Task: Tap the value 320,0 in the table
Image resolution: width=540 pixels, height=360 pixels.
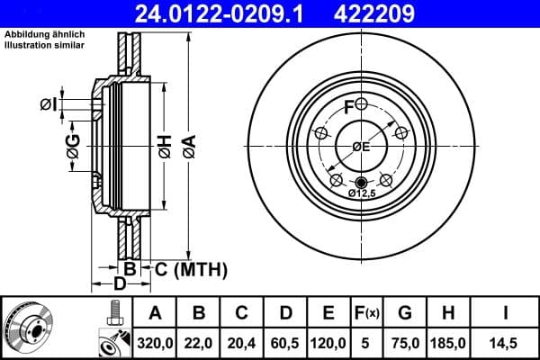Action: tap(155, 343)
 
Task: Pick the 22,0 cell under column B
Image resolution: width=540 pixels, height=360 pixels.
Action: tap(200, 343)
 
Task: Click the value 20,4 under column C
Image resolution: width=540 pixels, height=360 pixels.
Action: tap(241, 343)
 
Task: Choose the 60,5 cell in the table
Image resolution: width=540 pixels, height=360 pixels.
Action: tap(284, 343)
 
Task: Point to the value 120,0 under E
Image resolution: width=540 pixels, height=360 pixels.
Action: tap(328, 343)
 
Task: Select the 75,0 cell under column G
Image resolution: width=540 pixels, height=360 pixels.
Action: tap(406, 343)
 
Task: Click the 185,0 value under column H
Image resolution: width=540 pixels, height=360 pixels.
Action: tap(450, 343)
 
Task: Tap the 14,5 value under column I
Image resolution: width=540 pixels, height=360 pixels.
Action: tap(506, 343)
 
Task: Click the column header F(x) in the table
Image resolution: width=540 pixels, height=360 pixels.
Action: tap(367, 313)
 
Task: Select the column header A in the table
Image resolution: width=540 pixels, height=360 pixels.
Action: tap(155, 313)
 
